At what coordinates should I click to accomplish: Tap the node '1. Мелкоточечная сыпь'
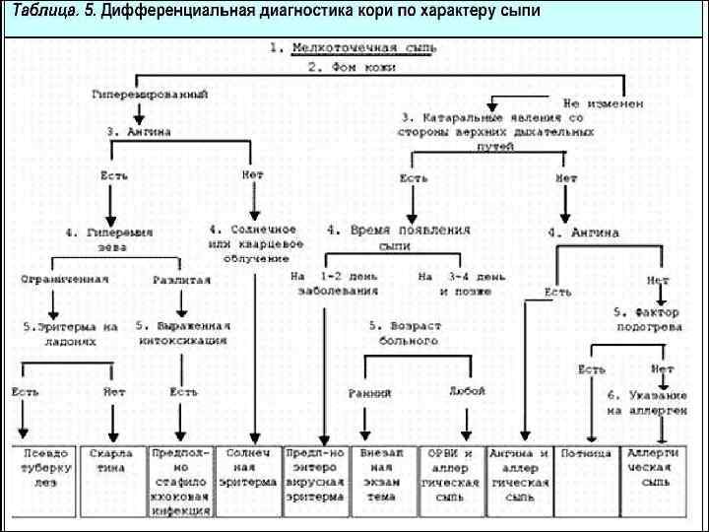354,47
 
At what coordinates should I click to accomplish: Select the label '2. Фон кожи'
352,68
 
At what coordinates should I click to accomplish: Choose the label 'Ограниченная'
65,279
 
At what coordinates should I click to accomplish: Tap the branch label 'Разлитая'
181,280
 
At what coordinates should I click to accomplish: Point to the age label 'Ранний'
369,393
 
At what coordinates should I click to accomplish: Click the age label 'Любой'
467,390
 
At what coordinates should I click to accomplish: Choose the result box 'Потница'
586,454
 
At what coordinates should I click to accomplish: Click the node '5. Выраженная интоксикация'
182,332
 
